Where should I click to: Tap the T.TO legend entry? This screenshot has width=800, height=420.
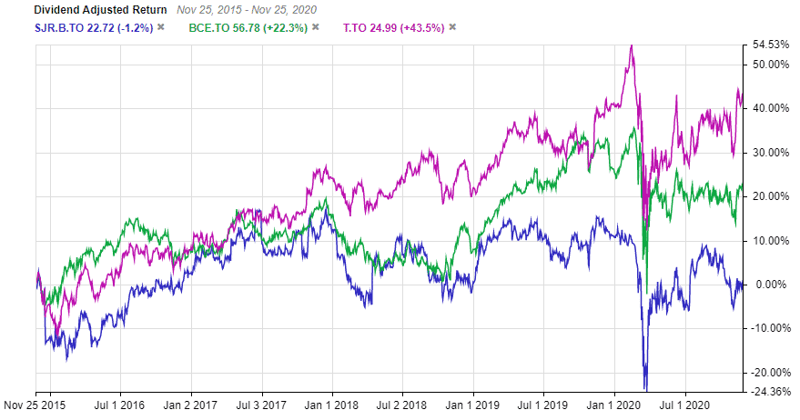393,27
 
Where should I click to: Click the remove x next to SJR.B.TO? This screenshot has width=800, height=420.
160,27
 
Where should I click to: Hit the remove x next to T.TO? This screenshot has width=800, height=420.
452,27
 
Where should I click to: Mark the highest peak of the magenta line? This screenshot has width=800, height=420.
631,45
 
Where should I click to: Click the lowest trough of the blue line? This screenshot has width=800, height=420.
645,388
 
